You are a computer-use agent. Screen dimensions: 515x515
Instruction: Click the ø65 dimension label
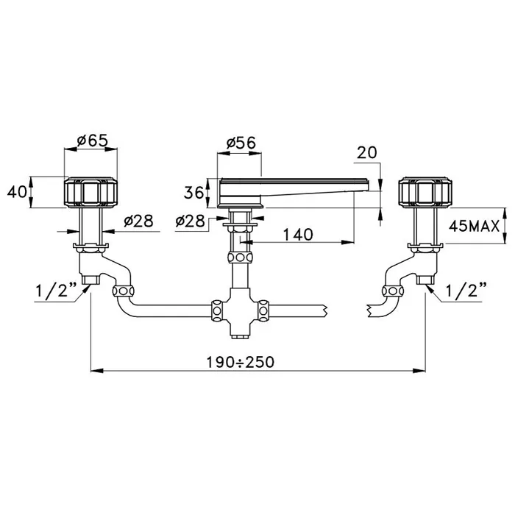tap(92, 141)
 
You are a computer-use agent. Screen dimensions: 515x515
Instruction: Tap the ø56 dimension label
tap(241, 143)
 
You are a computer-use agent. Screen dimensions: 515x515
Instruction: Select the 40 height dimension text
tap(17, 192)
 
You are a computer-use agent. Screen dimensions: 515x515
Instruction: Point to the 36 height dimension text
tap(193, 193)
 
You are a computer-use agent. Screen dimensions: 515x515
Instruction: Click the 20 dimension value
tap(367, 153)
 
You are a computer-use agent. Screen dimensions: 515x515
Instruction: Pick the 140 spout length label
tap(298, 235)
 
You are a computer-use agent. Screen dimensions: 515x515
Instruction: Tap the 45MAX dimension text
tap(474, 227)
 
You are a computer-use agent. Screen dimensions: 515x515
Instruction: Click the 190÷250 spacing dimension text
tap(240, 362)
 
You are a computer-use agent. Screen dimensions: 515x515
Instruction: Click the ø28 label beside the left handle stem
tap(138, 221)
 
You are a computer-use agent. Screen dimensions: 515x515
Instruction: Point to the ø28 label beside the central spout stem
tap(190, 221)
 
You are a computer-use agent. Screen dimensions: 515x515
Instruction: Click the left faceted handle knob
tap(90, 193)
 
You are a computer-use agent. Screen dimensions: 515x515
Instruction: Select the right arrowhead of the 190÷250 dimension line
tap(419, 371)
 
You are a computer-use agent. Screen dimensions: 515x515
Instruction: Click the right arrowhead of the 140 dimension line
tap(348, 242)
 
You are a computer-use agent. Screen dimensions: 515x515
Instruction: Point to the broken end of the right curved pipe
tap(369, 310)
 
